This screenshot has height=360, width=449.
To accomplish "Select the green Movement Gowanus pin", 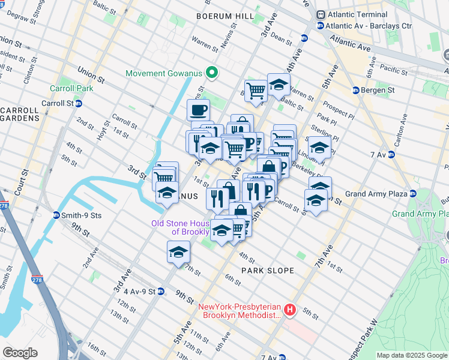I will (211, 73).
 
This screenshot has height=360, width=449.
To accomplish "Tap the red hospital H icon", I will (291, 310).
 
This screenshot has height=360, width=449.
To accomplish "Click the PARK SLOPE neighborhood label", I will (268, 271).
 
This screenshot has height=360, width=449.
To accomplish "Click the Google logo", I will (20, 353).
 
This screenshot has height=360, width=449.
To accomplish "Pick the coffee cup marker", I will (198, 110).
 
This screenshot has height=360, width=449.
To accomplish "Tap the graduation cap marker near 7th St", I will (178, 253).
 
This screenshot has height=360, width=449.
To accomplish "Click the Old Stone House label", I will (180, 227).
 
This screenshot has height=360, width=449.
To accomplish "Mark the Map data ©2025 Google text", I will (412, 355).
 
